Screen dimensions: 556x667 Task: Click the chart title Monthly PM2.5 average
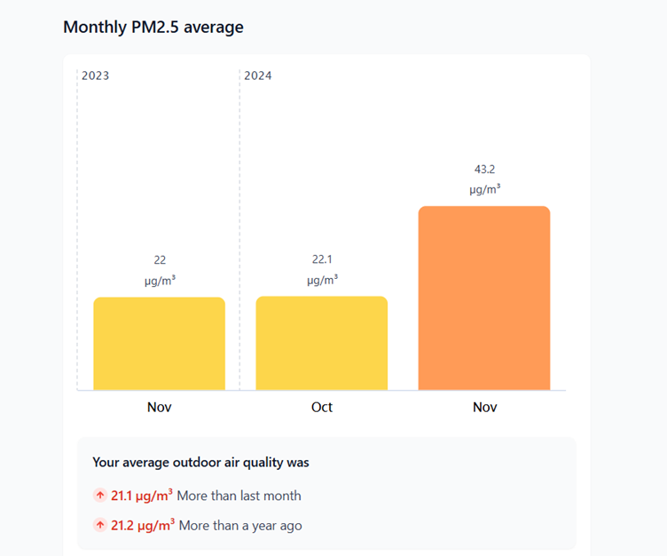(x=153, y=28)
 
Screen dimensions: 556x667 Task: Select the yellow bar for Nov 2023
(x=159, y=344)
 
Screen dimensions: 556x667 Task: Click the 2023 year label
(x=95, y=75)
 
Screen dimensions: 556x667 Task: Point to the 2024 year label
(x=257, y=75)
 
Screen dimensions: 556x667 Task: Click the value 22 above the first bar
(x=160, y=260)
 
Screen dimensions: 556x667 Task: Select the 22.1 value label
(x=322, y=259)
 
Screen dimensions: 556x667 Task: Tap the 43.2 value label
(x=484, y=169)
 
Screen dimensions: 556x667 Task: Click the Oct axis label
(x=322, y=407)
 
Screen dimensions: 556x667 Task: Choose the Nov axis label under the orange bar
(x=484, y=407)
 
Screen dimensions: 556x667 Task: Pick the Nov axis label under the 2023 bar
(x=160, y=407)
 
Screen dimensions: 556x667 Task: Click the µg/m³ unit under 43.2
(x=484, y=189)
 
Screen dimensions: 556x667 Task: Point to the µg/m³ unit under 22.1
(x=322, y=280)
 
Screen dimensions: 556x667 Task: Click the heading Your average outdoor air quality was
(x=200, y=463)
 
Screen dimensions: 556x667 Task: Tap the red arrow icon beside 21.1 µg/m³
(x=99, y=496)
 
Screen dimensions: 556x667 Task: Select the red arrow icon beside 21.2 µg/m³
(x=99, y=525)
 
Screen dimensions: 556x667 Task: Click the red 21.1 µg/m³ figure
(x=142, y=496)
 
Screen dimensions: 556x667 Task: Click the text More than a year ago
(x=240, y=526)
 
